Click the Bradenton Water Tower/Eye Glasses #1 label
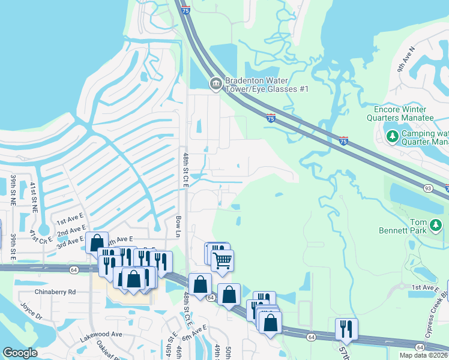(x=267, y=85)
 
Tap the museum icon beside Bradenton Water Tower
(x=215, y=85)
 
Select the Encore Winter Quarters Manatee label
(x=400, y=114)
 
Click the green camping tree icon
(x=392, y=136)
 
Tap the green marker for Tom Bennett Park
(x=436, y=226)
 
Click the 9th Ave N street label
(x=405, y=60)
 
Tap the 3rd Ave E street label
(x=70, y=242)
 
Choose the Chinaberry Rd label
(x=55, y=292)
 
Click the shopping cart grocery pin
(x=222, y=260)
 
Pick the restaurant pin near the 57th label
(x=346, y=328)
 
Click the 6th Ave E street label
(x=196, y=330)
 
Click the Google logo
(x=20, y=353)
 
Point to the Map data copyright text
(x=424, y=355)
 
